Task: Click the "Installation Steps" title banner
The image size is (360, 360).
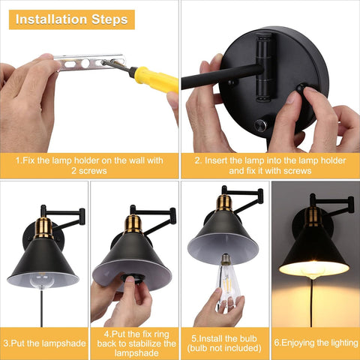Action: tap(72, 19)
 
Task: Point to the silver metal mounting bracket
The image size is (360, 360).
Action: tap(89, 62)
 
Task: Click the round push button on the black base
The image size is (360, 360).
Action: tap(260, 125)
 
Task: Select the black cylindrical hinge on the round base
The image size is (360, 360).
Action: tap(265, 67)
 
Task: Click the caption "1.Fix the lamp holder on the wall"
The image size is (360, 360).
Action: tap(89, 160)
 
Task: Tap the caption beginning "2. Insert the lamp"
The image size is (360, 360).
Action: tap(270, 166)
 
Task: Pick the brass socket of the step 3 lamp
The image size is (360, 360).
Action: tap(43, 228)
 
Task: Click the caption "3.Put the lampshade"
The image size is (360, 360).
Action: tap(44, 343)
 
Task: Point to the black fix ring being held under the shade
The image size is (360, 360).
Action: tap(132, 278)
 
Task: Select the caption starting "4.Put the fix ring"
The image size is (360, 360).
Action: tap(136, 343)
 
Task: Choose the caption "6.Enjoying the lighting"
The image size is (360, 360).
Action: tap(316, 343)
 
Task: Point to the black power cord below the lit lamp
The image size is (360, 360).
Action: tap(311, 303)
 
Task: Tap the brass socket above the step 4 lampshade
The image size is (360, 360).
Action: tap(133, 224)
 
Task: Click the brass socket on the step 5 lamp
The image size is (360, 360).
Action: tap(223, 203)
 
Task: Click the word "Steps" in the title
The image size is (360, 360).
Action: tap(109, 19)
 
